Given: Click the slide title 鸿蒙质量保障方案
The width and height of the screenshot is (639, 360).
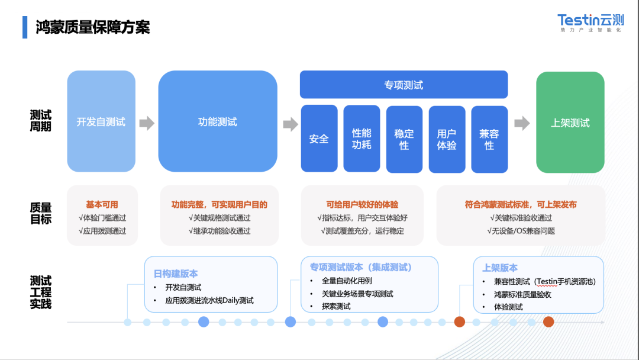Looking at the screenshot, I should [92, 27].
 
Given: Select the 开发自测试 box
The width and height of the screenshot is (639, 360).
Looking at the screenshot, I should [101, 122].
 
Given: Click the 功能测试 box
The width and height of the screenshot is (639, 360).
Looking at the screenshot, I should [217, 122].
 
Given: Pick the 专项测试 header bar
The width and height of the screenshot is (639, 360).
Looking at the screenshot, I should [404, 85].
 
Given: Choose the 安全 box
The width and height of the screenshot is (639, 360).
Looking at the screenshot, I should [319, 139].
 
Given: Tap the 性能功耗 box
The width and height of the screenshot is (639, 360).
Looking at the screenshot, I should [362, 139].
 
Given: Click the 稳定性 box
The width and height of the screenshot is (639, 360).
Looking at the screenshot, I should [404, 139].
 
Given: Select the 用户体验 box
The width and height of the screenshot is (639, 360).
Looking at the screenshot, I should [447, 139].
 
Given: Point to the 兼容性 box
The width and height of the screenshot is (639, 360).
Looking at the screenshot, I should [489, 139].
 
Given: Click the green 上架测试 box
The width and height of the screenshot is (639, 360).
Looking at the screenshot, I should [570, 123].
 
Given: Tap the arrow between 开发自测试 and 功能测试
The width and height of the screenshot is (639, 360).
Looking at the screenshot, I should [147, 123].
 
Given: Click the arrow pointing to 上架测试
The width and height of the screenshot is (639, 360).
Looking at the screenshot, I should [522, 123].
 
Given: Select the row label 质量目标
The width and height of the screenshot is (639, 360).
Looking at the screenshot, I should [41, 213].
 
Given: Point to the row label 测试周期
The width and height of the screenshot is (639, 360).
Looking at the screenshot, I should [41, 121].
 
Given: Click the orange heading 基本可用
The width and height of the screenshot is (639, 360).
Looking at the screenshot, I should [102, 204].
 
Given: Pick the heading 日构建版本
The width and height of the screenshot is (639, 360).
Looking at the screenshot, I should [176, 274].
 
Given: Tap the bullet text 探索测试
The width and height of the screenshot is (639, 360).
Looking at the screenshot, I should [336, 306].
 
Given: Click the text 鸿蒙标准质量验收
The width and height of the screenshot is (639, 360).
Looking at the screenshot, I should [522, 294].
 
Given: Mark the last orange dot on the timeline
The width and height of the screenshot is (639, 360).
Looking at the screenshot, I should [548, 322].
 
